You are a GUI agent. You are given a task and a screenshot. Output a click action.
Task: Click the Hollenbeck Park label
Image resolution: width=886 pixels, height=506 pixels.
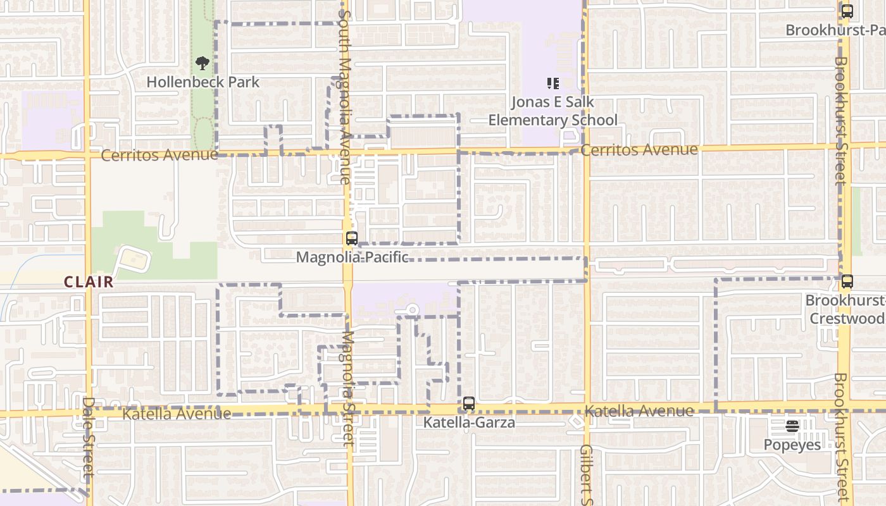pyautogui.click(x=203, y=82)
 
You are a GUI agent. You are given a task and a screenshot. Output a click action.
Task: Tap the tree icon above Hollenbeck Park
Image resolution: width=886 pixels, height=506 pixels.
pyautogui.click(x=203, y=63)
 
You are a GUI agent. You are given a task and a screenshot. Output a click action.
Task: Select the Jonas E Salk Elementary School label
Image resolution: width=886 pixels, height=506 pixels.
pyautogui.click(x=552, y=111)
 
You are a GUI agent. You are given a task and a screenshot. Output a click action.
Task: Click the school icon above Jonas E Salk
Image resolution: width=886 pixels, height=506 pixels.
pyautogui.click(x=553, y=83)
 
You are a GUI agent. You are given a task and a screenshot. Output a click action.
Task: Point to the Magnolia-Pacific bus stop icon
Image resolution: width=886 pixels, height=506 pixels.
pyautogui.click(x=352, y=238)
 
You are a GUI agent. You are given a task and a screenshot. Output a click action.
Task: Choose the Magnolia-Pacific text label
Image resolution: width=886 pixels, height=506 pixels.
pyautogui.click(x=352, y=257)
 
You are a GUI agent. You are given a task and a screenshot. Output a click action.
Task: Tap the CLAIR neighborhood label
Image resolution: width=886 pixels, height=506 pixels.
pyautogui.click(x=89, y=282)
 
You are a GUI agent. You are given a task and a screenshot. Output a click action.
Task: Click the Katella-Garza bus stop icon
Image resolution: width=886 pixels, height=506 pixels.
pyautogui.click(x=468, y=404)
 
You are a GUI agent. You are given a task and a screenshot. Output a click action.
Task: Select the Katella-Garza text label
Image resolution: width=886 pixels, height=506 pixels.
pyautogui.click(x=469, y=423)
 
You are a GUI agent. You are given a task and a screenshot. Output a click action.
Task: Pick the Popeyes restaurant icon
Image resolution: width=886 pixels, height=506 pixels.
pyautogui.click(x=792, y=426)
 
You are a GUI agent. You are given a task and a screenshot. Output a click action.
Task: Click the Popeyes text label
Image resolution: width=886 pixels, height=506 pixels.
pyautogui.click(x=792, y=445)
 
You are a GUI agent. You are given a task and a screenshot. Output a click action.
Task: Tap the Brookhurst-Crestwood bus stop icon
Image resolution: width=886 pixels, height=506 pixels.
pyautogui.click(x=847, y=281)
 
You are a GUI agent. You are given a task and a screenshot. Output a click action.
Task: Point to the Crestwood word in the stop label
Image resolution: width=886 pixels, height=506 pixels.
pyautogui.click(x=847, y=318)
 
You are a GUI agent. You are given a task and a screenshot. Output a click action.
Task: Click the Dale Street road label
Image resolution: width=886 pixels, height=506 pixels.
pyautogui.click(x=89, y=436)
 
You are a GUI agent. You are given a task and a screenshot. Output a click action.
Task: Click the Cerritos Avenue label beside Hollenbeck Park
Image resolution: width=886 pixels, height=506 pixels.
pyautogui.click(x=159, y=155)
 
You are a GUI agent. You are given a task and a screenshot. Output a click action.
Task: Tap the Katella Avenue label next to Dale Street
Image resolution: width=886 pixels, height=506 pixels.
pyautogui.click(x=177, y=414)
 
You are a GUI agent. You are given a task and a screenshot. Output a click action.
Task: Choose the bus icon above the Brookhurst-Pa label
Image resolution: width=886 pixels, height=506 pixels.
pyautogui.click(x=847, y=11)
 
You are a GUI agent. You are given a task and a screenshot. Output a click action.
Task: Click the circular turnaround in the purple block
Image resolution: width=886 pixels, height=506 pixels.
pyautogui.click(x=412, y=310)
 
